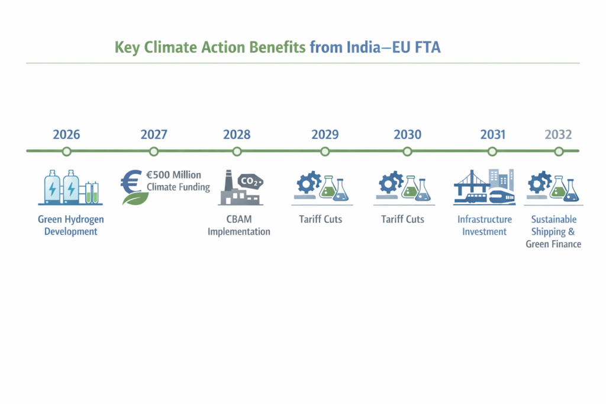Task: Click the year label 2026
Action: pos(66,134)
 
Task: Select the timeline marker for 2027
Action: pos(154,151)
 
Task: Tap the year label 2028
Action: pos(237,134)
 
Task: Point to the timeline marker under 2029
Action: pos(325,151)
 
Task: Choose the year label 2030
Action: pos(407,134)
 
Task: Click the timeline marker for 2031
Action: pos(492,151)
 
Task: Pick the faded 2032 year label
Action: pos(558,134)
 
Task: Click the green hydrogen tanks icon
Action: pos(71,188)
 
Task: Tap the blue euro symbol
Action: pos(131,182)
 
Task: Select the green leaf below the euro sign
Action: pos(136,199)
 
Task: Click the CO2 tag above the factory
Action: pos(250,181)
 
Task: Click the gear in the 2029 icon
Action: pos(308,183)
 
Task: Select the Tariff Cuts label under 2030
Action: pos(402,219)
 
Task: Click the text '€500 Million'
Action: pos(173,175)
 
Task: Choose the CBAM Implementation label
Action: pos(239,225)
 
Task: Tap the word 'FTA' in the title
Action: pos(427,47)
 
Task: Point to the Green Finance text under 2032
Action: pos(553,244)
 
